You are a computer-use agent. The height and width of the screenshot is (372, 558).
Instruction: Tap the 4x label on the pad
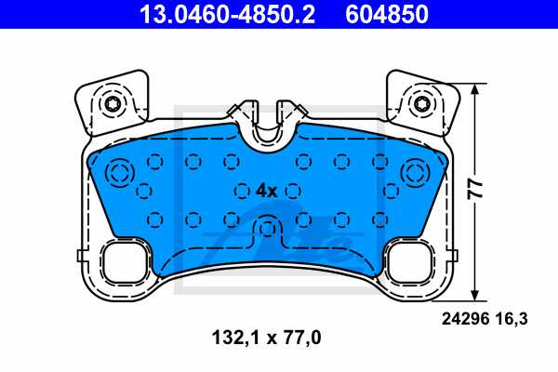pyautogui.click(x=266, y=190)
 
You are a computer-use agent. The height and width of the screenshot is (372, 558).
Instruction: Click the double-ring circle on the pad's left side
pyautogui.click(x=120, y=173)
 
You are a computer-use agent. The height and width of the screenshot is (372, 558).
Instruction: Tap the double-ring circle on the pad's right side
pyautogui.click(x=415, y=173)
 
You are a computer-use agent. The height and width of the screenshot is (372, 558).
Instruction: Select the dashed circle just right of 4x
pyautogui.click(x=294, y=190)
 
